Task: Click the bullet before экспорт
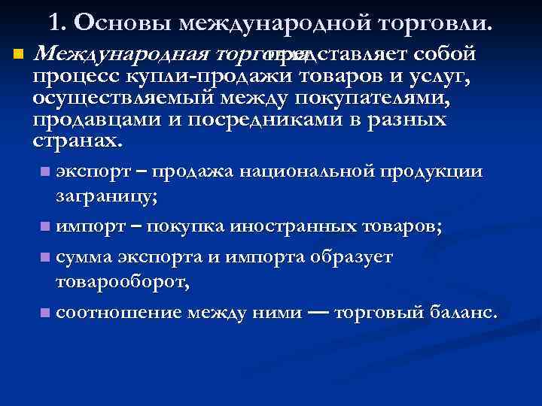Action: click(47, 172)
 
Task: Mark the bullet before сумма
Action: click(47, 258)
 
